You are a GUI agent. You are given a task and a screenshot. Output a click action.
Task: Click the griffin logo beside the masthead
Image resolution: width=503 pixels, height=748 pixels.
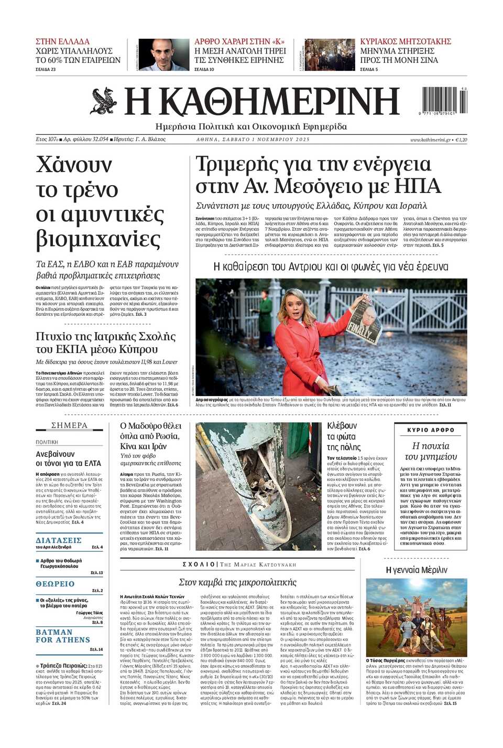tap(103, 101)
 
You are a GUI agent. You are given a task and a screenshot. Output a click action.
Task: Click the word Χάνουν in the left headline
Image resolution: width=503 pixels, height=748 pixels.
tap(74, 165)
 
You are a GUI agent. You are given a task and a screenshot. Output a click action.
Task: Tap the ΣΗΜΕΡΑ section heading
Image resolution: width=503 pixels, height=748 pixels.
tap(69, 425)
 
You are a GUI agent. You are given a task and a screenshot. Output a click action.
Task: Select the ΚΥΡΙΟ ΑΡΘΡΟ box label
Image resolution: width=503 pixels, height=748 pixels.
tap(431, 430)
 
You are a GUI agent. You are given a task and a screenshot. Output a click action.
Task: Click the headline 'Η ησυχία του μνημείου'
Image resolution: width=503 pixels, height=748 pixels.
tap(431, 451)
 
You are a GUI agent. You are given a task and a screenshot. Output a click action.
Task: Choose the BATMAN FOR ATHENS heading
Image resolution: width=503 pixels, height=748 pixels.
tap(62, 636)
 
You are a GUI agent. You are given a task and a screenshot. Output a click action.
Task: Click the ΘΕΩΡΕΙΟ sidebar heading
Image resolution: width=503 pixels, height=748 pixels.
tap(55, 584)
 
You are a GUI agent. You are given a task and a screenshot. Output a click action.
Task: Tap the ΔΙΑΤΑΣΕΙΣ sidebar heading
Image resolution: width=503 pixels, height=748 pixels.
tap(59, 540)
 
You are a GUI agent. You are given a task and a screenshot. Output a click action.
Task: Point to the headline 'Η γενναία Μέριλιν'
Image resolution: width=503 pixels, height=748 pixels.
tap(416, 570)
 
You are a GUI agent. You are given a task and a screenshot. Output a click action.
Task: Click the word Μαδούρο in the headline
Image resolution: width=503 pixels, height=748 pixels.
tap(148, 426)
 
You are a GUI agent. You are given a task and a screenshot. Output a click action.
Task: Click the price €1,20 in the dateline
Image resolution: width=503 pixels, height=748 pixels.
tap(461, 140)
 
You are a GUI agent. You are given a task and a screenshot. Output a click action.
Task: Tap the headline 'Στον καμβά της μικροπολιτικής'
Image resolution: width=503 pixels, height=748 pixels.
tap(237, 582)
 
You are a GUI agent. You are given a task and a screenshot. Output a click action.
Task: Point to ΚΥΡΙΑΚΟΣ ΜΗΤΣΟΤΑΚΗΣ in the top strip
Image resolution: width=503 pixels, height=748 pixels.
tap(406, 41)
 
